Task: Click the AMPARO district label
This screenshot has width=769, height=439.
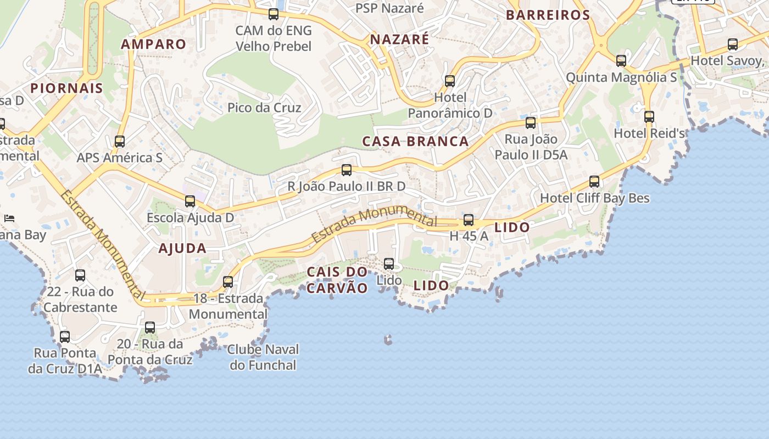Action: point(154,44)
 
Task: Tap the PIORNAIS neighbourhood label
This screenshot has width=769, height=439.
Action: point(66,88)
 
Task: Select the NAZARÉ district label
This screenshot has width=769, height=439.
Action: point(399,40)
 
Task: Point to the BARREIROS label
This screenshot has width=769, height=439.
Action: point(548,15)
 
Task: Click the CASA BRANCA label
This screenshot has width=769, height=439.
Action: point(415,142)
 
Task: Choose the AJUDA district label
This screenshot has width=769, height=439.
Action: point(182,249)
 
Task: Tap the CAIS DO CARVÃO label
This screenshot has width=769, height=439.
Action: point(337,280)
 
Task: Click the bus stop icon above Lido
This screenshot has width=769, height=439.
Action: point(389,264)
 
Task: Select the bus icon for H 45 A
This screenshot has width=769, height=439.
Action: point(469,220)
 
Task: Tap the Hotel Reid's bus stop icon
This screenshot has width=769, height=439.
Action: point(649,117)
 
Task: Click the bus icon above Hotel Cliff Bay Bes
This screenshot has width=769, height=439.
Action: point(594,182)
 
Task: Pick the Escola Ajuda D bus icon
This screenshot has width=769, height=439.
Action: point(190,201)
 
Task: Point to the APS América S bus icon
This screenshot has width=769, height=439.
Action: point(120,142)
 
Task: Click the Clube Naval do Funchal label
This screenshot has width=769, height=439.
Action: point(263,357)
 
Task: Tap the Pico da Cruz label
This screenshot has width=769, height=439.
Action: point(264,108)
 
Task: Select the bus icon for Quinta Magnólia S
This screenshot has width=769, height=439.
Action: point(621,61)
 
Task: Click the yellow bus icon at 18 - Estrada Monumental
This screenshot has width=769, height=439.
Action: point(228,282)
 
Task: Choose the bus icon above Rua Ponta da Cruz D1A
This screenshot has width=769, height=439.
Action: point(65,337)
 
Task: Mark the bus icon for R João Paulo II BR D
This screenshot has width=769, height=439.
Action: point(347,170)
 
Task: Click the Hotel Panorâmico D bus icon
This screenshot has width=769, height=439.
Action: point(450,81)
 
